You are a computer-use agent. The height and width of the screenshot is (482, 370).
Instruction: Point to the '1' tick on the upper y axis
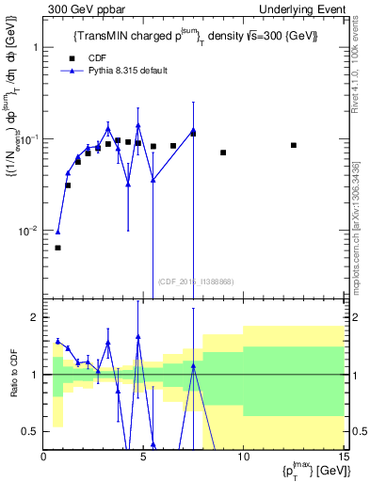point(34,46)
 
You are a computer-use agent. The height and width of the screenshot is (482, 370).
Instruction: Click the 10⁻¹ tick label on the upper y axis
point(29,138)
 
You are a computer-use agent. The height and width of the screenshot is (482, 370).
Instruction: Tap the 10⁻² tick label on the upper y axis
point(29,231)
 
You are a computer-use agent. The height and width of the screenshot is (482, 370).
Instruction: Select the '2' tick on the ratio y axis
point(34,317)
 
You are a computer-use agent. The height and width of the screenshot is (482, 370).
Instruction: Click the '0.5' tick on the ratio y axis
point(30,431)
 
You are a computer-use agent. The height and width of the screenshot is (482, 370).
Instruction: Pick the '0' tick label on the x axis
point(43,457)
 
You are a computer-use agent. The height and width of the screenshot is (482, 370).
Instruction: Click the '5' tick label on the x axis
point(143,457)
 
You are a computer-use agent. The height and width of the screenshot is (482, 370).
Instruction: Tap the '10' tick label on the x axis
point(243,457)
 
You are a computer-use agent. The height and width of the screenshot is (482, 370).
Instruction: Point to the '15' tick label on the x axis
point(343,457)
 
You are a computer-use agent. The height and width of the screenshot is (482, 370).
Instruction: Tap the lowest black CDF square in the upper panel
point(57,248)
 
